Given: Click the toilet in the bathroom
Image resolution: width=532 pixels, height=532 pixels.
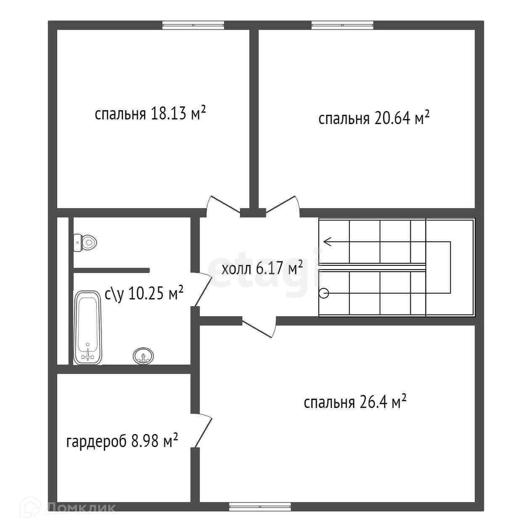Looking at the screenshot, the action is click(x=85, y=243).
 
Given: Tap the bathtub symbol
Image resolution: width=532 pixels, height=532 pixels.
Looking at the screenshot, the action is click(x=87, y=328).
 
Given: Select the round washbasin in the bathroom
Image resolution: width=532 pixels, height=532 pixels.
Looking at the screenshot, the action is click(x=143, y=356).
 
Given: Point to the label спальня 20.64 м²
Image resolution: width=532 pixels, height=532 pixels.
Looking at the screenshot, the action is click(x=374, y=118).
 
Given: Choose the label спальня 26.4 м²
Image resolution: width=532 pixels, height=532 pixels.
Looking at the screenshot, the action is click(x=355, y=402).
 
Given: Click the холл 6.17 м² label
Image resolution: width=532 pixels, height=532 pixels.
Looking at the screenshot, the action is click(x=262, y=268).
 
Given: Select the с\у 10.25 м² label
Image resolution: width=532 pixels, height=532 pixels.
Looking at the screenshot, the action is click(x=144, y=294).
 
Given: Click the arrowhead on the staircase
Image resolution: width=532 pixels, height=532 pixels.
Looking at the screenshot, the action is click(x=327, y=242).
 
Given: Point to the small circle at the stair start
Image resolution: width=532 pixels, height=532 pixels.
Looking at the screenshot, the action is click(x=324, y=293).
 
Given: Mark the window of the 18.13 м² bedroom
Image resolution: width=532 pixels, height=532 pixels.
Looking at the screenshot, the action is click(x=193, y=25).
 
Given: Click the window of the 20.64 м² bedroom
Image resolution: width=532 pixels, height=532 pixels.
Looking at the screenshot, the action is click(x=342, y=25).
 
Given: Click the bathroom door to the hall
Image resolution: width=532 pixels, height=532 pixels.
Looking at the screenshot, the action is click(x=203, y=289).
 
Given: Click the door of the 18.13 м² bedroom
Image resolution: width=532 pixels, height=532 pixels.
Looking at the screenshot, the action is click(x=223, y=206).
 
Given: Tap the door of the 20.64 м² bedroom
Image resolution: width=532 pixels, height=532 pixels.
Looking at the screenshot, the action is click(x=283, y=206).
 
